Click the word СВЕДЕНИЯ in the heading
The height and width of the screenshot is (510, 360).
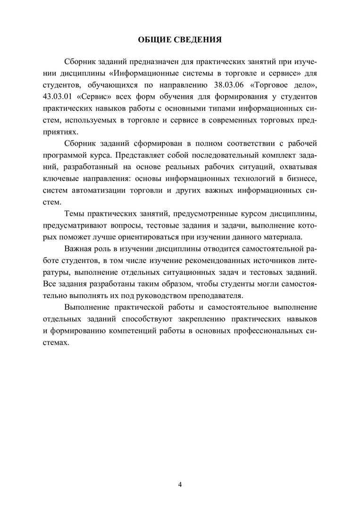[x=198, y=39]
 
